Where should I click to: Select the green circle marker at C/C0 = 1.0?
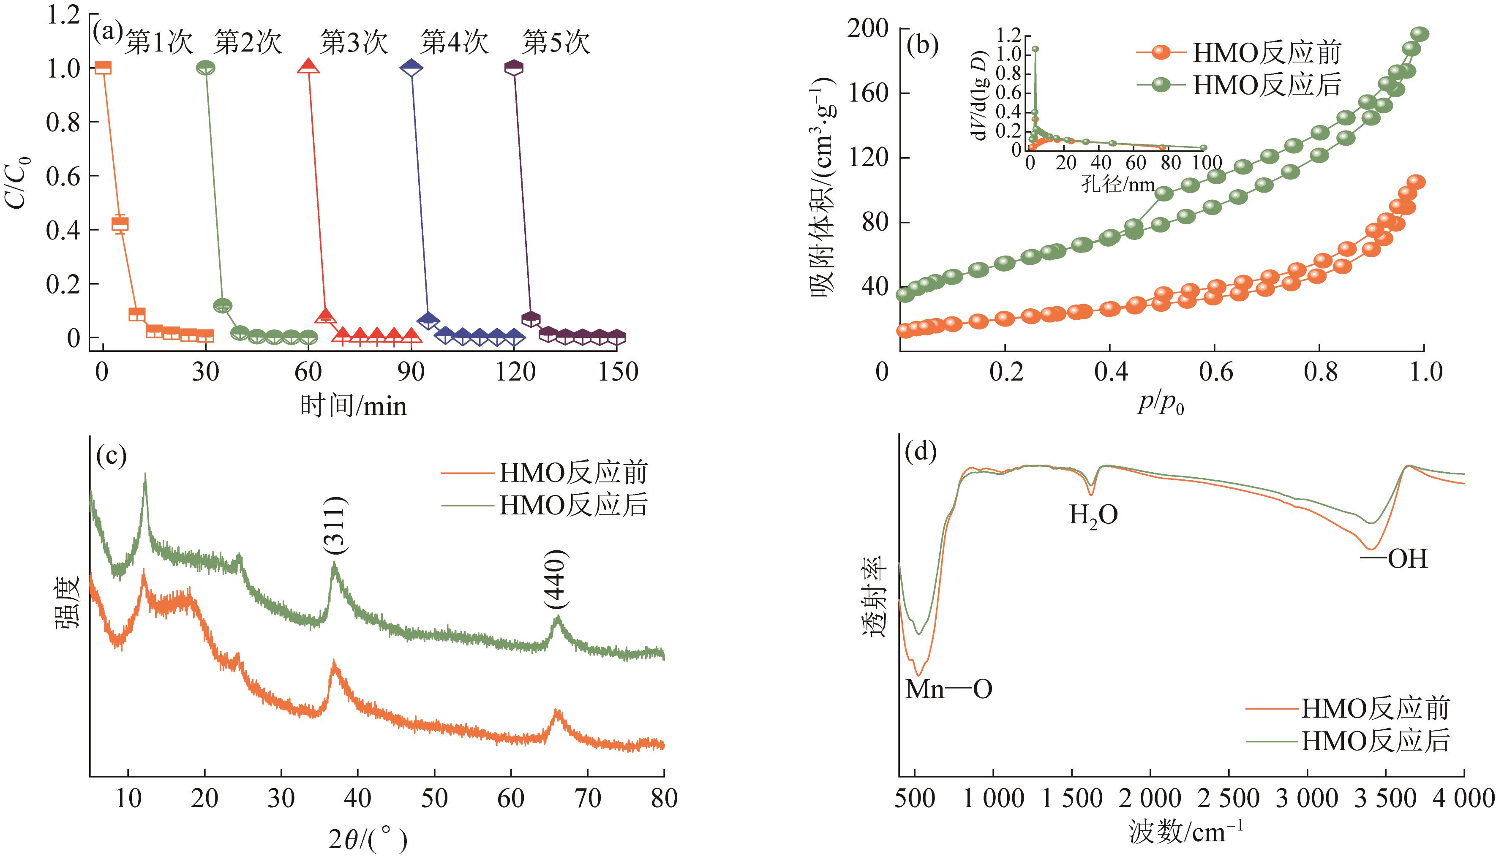pos(205,68)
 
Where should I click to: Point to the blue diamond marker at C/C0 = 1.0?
pos(411,68)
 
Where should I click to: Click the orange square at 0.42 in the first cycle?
pos(120,224)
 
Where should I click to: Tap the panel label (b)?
pos(923,45)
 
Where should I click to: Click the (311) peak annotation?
pos(335,525)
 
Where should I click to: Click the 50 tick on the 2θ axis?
pos(434,799)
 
